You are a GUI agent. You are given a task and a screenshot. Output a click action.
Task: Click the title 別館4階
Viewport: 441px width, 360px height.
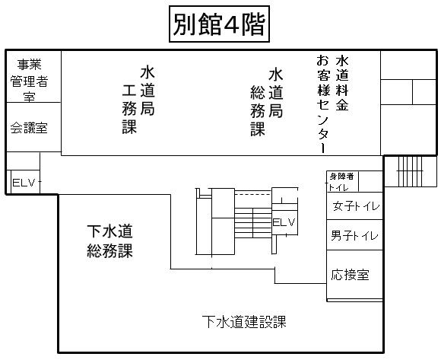[219, 24]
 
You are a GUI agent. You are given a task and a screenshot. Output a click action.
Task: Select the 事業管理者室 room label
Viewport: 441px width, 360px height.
[29, 80]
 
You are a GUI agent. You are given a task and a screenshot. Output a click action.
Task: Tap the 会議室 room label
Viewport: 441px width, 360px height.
[29, 128]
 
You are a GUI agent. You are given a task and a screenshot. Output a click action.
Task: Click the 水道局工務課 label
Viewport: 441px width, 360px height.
[138, 100]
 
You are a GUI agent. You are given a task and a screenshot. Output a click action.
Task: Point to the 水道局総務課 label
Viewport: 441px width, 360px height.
[267, 102]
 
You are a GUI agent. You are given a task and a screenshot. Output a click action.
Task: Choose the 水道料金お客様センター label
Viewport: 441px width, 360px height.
[332, 104]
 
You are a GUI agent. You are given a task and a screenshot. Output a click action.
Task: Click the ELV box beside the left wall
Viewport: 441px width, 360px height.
[24, 183]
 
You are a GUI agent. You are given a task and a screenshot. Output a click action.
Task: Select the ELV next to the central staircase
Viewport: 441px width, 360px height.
[284, 222]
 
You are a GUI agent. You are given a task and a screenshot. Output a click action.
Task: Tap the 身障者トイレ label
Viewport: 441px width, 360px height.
[341, 182]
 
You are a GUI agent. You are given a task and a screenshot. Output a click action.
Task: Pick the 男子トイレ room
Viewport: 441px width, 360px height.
[354, 235]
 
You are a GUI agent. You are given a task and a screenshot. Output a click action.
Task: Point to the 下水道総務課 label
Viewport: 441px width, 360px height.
[109, 241]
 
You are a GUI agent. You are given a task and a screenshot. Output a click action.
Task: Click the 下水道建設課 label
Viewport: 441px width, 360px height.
[244, 321]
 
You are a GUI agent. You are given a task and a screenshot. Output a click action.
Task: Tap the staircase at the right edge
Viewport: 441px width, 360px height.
[411, 171]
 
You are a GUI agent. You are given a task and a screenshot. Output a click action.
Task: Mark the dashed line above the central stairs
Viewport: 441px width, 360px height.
[253, 194]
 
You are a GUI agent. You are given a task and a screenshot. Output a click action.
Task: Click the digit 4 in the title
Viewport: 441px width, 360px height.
[232, 24]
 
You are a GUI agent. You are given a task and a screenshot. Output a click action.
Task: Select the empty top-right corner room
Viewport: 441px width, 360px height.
[408, 65]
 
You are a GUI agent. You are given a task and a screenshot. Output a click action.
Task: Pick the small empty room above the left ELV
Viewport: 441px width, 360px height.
[24, 161]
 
